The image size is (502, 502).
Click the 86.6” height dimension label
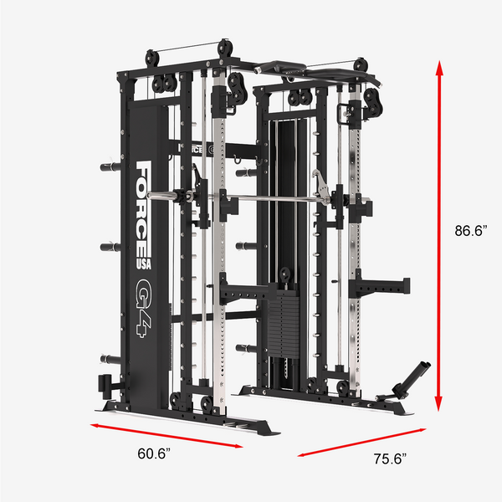[471, 231]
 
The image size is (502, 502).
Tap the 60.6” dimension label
[154, 453]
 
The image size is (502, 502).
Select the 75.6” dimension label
[390, 458]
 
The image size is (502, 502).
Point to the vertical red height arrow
[439, 236]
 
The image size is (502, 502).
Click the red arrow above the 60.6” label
[166, 435]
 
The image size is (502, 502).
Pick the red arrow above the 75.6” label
[361, 442]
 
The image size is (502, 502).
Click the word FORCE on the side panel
[143, 208]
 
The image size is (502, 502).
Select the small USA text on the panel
[144, 264]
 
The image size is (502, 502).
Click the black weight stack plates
[283, 323]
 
